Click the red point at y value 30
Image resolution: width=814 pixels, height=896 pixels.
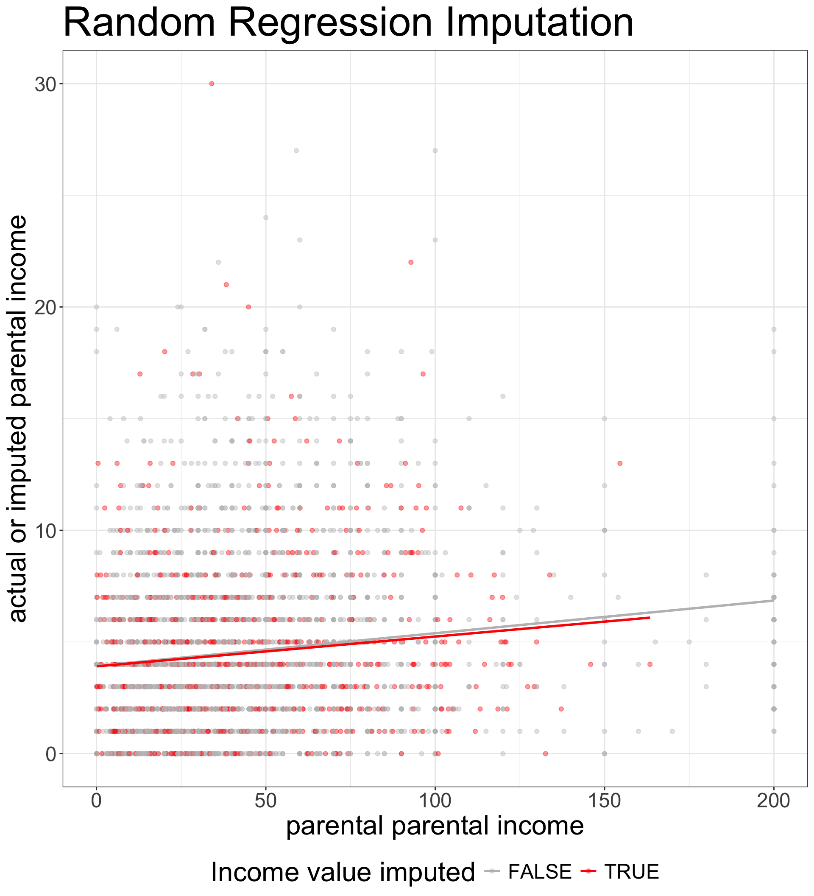(212, 84)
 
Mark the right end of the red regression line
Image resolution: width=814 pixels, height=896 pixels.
(650, 617)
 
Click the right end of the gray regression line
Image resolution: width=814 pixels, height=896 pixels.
(774, 600)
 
